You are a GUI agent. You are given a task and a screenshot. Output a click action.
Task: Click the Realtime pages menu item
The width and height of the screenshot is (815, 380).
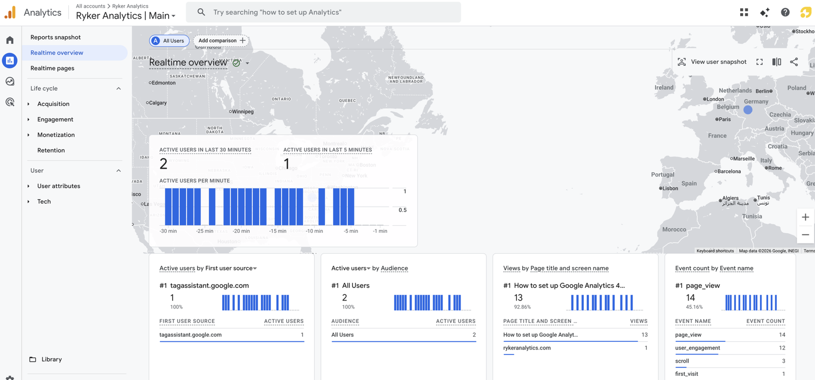point(52,68)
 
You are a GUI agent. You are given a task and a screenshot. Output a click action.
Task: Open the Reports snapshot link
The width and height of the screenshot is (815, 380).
point(56,37)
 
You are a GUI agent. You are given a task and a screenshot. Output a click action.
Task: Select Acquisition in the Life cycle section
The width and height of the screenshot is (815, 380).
point(53,104)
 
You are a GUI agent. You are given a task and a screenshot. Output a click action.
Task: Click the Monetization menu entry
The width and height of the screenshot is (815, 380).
point(56,135)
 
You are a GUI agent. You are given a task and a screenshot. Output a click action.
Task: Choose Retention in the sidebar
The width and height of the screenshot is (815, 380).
point(51,150)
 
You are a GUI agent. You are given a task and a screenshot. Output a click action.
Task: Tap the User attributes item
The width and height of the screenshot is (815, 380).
point(59,186)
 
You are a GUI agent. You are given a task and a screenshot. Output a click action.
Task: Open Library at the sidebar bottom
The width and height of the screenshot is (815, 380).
point(51,359)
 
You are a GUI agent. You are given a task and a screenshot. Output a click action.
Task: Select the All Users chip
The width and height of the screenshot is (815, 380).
point(169,41)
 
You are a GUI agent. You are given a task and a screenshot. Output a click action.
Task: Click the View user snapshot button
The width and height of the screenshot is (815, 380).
point(712,62)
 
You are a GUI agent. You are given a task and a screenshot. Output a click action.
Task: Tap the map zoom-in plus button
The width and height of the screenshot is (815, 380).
point(805,218)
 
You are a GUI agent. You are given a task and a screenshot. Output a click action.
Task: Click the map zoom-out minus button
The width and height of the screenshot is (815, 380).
point(805,235)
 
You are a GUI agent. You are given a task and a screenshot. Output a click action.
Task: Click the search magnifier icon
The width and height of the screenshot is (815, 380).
point(201,12)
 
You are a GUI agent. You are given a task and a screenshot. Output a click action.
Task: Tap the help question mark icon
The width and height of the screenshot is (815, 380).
point(785,12)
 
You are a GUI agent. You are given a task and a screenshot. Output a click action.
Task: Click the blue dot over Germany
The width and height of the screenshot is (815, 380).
point(748,110)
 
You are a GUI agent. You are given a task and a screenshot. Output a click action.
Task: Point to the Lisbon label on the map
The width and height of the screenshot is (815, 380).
point(670,188)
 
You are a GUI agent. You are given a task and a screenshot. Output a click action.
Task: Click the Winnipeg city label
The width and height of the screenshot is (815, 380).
point(242,112)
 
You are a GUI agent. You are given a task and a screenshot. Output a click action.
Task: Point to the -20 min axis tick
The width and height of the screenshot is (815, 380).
point(241,231)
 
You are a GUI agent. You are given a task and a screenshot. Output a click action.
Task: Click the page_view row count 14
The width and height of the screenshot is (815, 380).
point(782,335)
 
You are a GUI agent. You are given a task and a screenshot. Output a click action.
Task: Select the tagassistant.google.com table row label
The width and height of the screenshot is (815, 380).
point(191,335)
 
